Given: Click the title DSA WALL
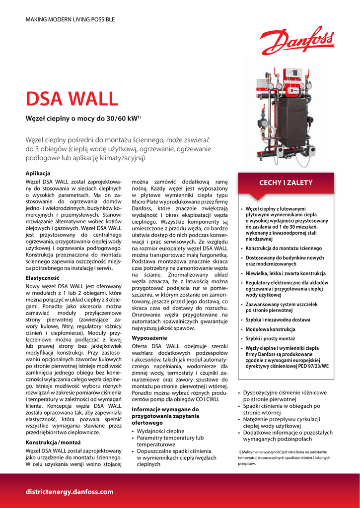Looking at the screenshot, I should [72, 99].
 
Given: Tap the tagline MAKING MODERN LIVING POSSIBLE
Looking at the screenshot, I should [70, 19].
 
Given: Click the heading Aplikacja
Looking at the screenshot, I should [38, 173].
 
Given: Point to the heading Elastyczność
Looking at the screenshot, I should [42, 278].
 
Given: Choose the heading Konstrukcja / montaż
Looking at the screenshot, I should [54, 442].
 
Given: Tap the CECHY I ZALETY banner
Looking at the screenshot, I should [286, 183].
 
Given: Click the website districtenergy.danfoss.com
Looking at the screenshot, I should [70, 492].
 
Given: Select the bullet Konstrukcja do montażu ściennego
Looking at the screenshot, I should [284, 248].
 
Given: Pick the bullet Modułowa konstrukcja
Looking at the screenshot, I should [270, 329].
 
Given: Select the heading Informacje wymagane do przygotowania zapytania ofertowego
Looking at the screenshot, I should [165, 416].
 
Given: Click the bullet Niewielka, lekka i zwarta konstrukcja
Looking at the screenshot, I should [286, 273].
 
